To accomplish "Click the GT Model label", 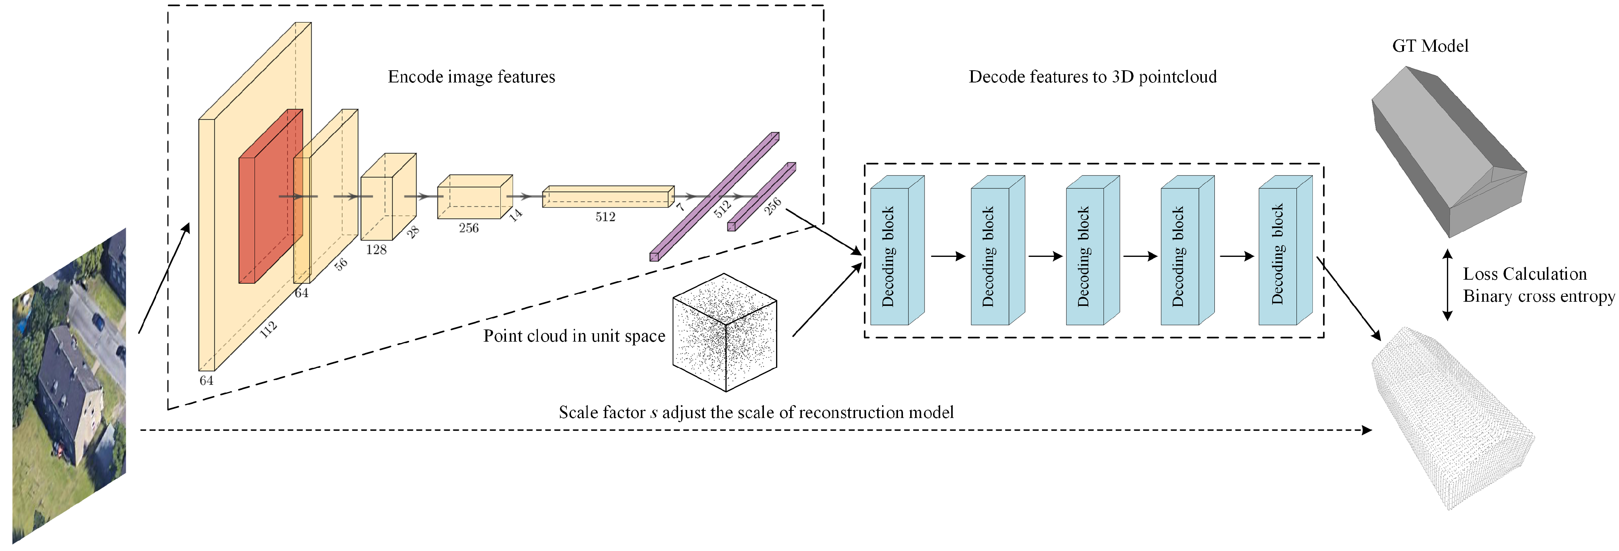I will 1430,46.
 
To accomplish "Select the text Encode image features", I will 471,77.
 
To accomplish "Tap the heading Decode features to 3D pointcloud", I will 1093,77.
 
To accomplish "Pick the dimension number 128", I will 376,250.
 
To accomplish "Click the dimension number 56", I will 341,264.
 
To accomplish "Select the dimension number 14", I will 515,214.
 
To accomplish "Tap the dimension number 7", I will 680,206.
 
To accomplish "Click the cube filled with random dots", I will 725,332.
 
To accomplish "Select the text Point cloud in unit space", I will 574,336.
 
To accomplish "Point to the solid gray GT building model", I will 1445,151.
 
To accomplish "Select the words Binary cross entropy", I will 1538,296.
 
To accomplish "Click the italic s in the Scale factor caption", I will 654,413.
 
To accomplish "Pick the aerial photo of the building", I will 69,387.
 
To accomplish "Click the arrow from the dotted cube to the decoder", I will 827,300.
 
